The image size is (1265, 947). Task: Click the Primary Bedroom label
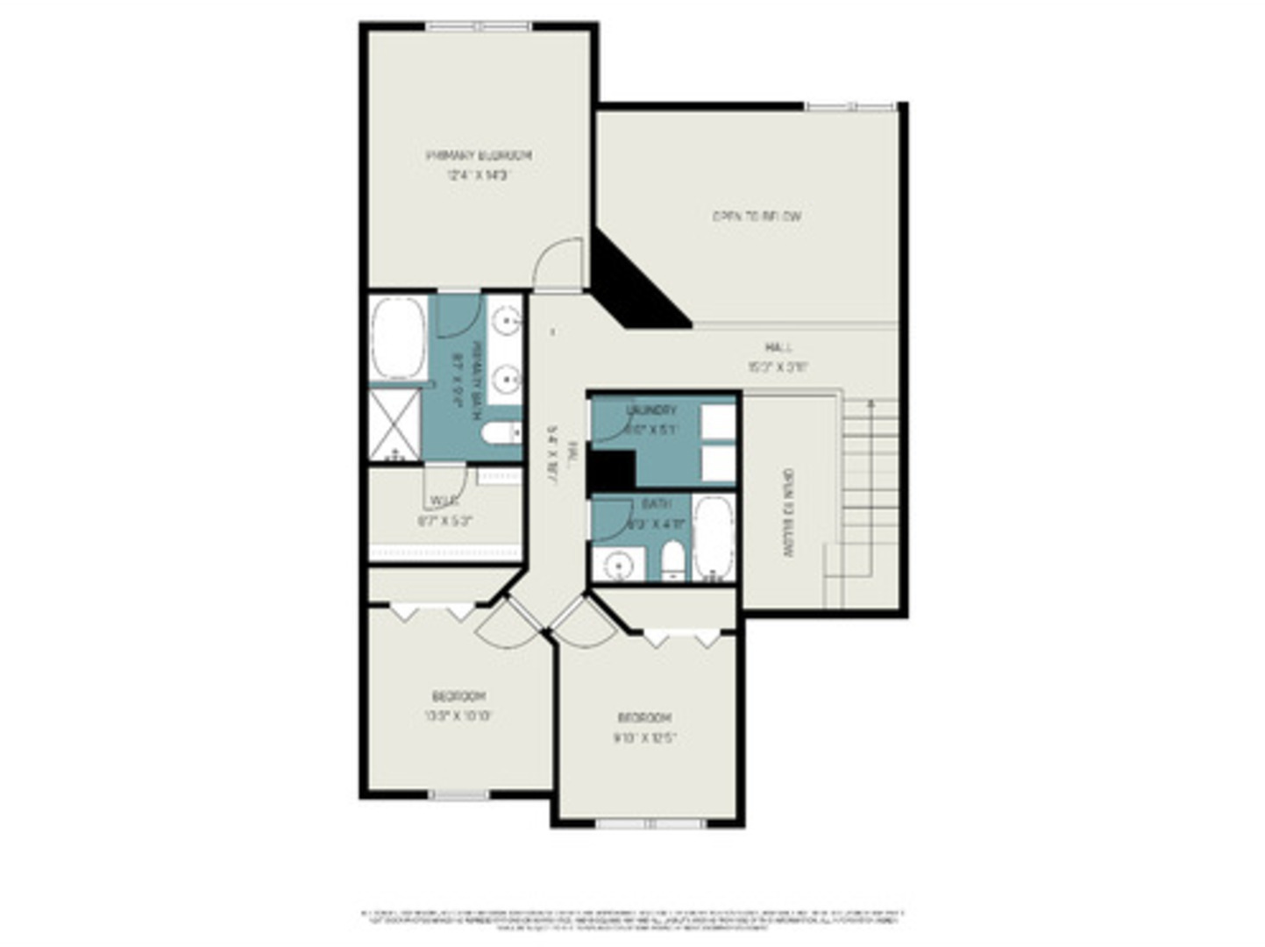(x=479, y=155)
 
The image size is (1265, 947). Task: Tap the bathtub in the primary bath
(x=398, y=338)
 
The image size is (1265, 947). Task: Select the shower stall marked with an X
(x=394, y=424)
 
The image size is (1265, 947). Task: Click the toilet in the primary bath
(x=500, y=432)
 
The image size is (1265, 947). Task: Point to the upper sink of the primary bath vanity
(x=506, y=322)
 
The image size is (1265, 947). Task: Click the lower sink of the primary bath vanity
(x=506, y=380)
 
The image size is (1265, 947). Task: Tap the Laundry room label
(x=651, y=410)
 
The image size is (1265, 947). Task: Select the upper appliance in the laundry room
(x=718, y=422)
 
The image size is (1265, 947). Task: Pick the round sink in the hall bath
(x=620, y=565)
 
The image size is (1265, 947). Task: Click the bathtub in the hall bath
(x=714, y=538)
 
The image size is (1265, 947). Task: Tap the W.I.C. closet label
(x=444, y=502)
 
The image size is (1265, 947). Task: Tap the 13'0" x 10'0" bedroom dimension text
(x=458, y=716)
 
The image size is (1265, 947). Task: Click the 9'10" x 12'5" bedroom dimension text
(x=645, y=737)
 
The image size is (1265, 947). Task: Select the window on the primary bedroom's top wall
(x=478, y=27)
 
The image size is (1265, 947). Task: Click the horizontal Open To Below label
(x=757, y=216)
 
